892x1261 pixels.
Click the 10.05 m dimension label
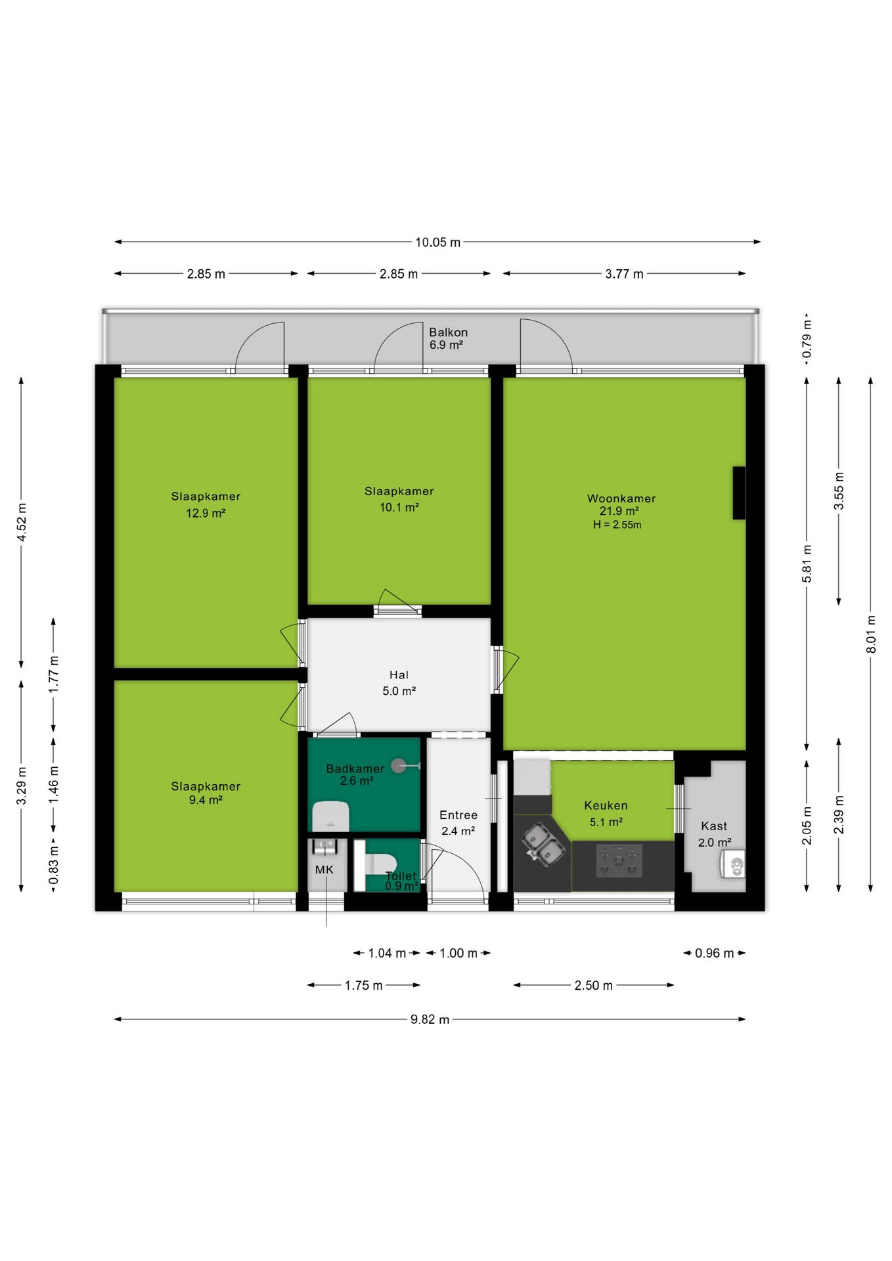pos(437,242)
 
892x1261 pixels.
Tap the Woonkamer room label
pos(621,498)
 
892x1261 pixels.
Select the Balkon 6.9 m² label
pos(448,338)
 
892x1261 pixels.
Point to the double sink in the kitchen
pos(544,844)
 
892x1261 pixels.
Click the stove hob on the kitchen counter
pos(619,861)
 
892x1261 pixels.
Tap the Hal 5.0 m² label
pos(399,682)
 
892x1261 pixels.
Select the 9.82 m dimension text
pos(430,1019)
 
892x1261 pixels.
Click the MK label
pos(324,870)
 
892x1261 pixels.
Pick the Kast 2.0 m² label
pos(714,834)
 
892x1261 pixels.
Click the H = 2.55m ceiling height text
pos(617,525)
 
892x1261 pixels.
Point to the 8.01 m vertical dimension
pos(871,634)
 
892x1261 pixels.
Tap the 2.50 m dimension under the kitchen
pos(593,985)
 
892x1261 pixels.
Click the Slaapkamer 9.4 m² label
pos(206,793)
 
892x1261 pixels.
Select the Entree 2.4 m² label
pos(458,822)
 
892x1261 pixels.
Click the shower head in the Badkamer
pos(398,765)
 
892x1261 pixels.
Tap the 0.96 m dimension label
pos(714,953)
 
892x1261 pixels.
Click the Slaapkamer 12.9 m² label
pos(206,504)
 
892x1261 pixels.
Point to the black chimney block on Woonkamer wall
pos(739,493)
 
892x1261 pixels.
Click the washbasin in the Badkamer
pos(330,816)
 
